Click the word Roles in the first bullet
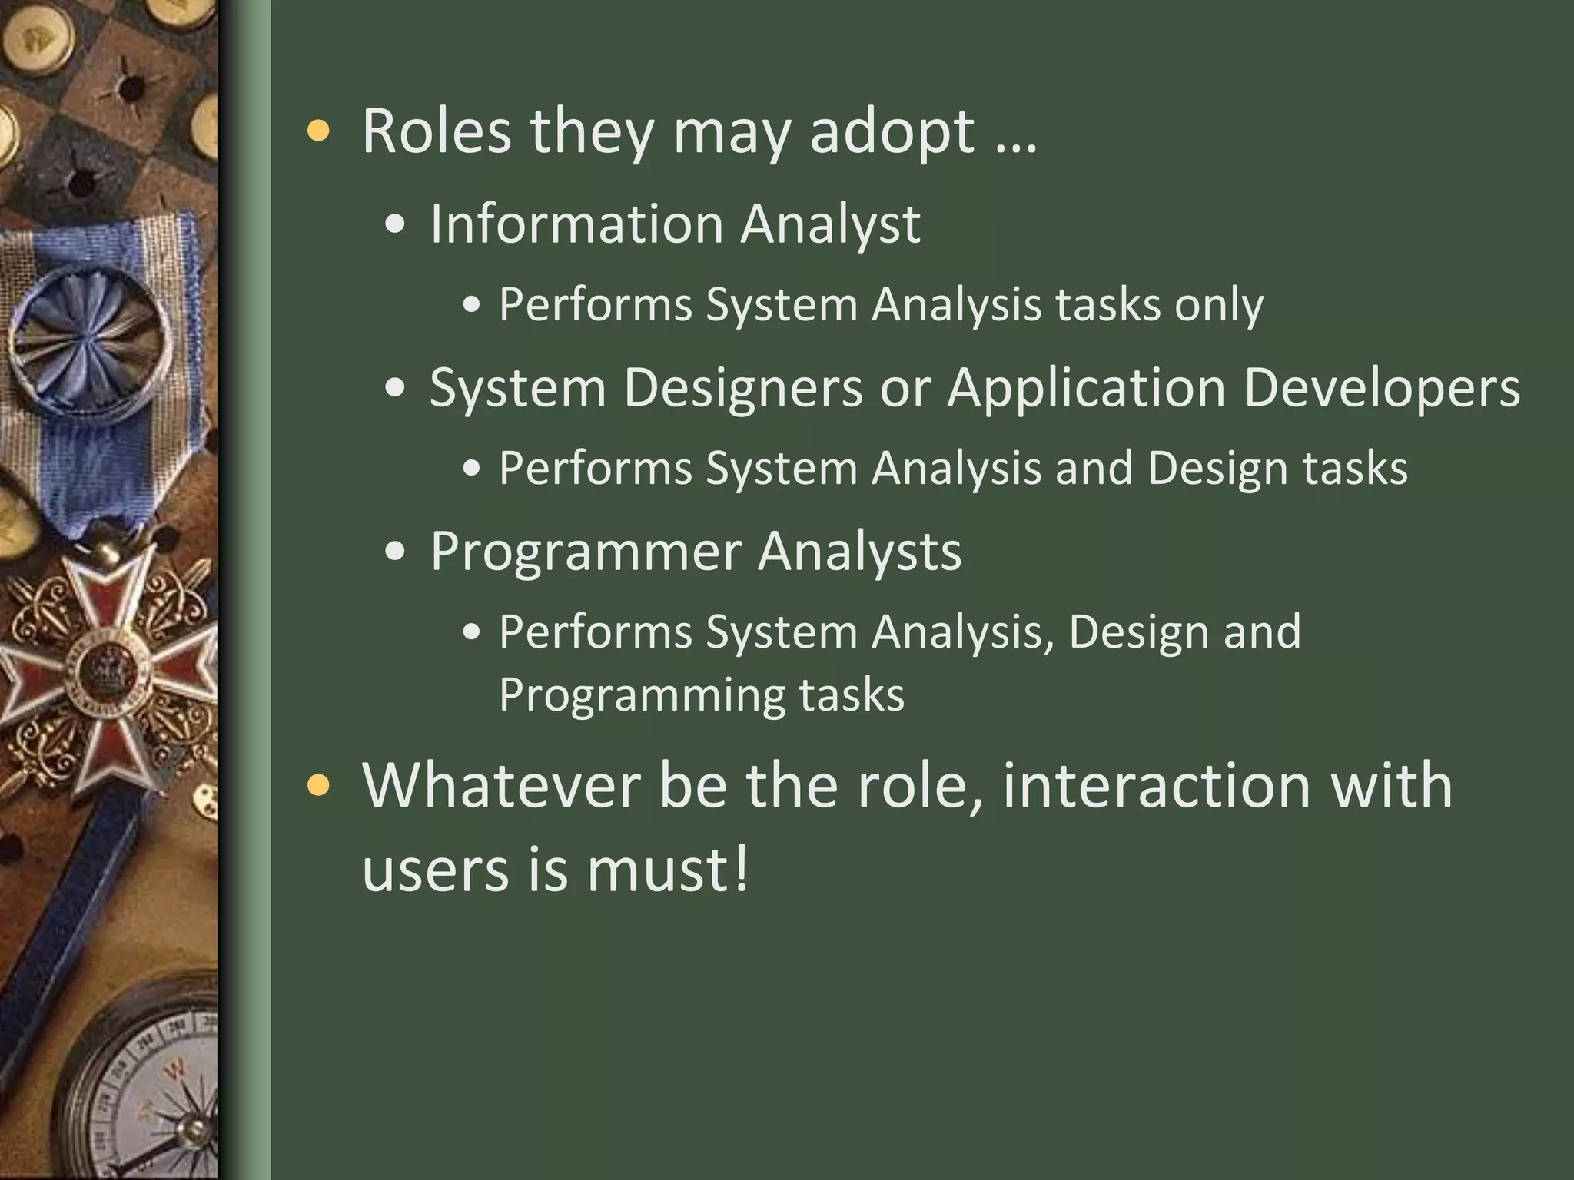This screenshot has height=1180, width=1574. (436, 131)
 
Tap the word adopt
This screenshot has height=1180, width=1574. (892, 133)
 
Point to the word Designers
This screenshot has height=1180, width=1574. (743, 387)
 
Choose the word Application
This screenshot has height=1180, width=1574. (1086, 389)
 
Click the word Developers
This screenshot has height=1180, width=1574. (1381, 389)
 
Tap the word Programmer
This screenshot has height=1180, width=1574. (586, 552)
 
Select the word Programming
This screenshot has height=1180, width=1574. (641, 695)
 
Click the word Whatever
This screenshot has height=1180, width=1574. (501, 786)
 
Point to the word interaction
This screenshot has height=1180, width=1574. (1156, 786)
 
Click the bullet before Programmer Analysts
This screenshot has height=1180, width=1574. (395, 552)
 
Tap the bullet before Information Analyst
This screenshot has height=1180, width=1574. (395, 224)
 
